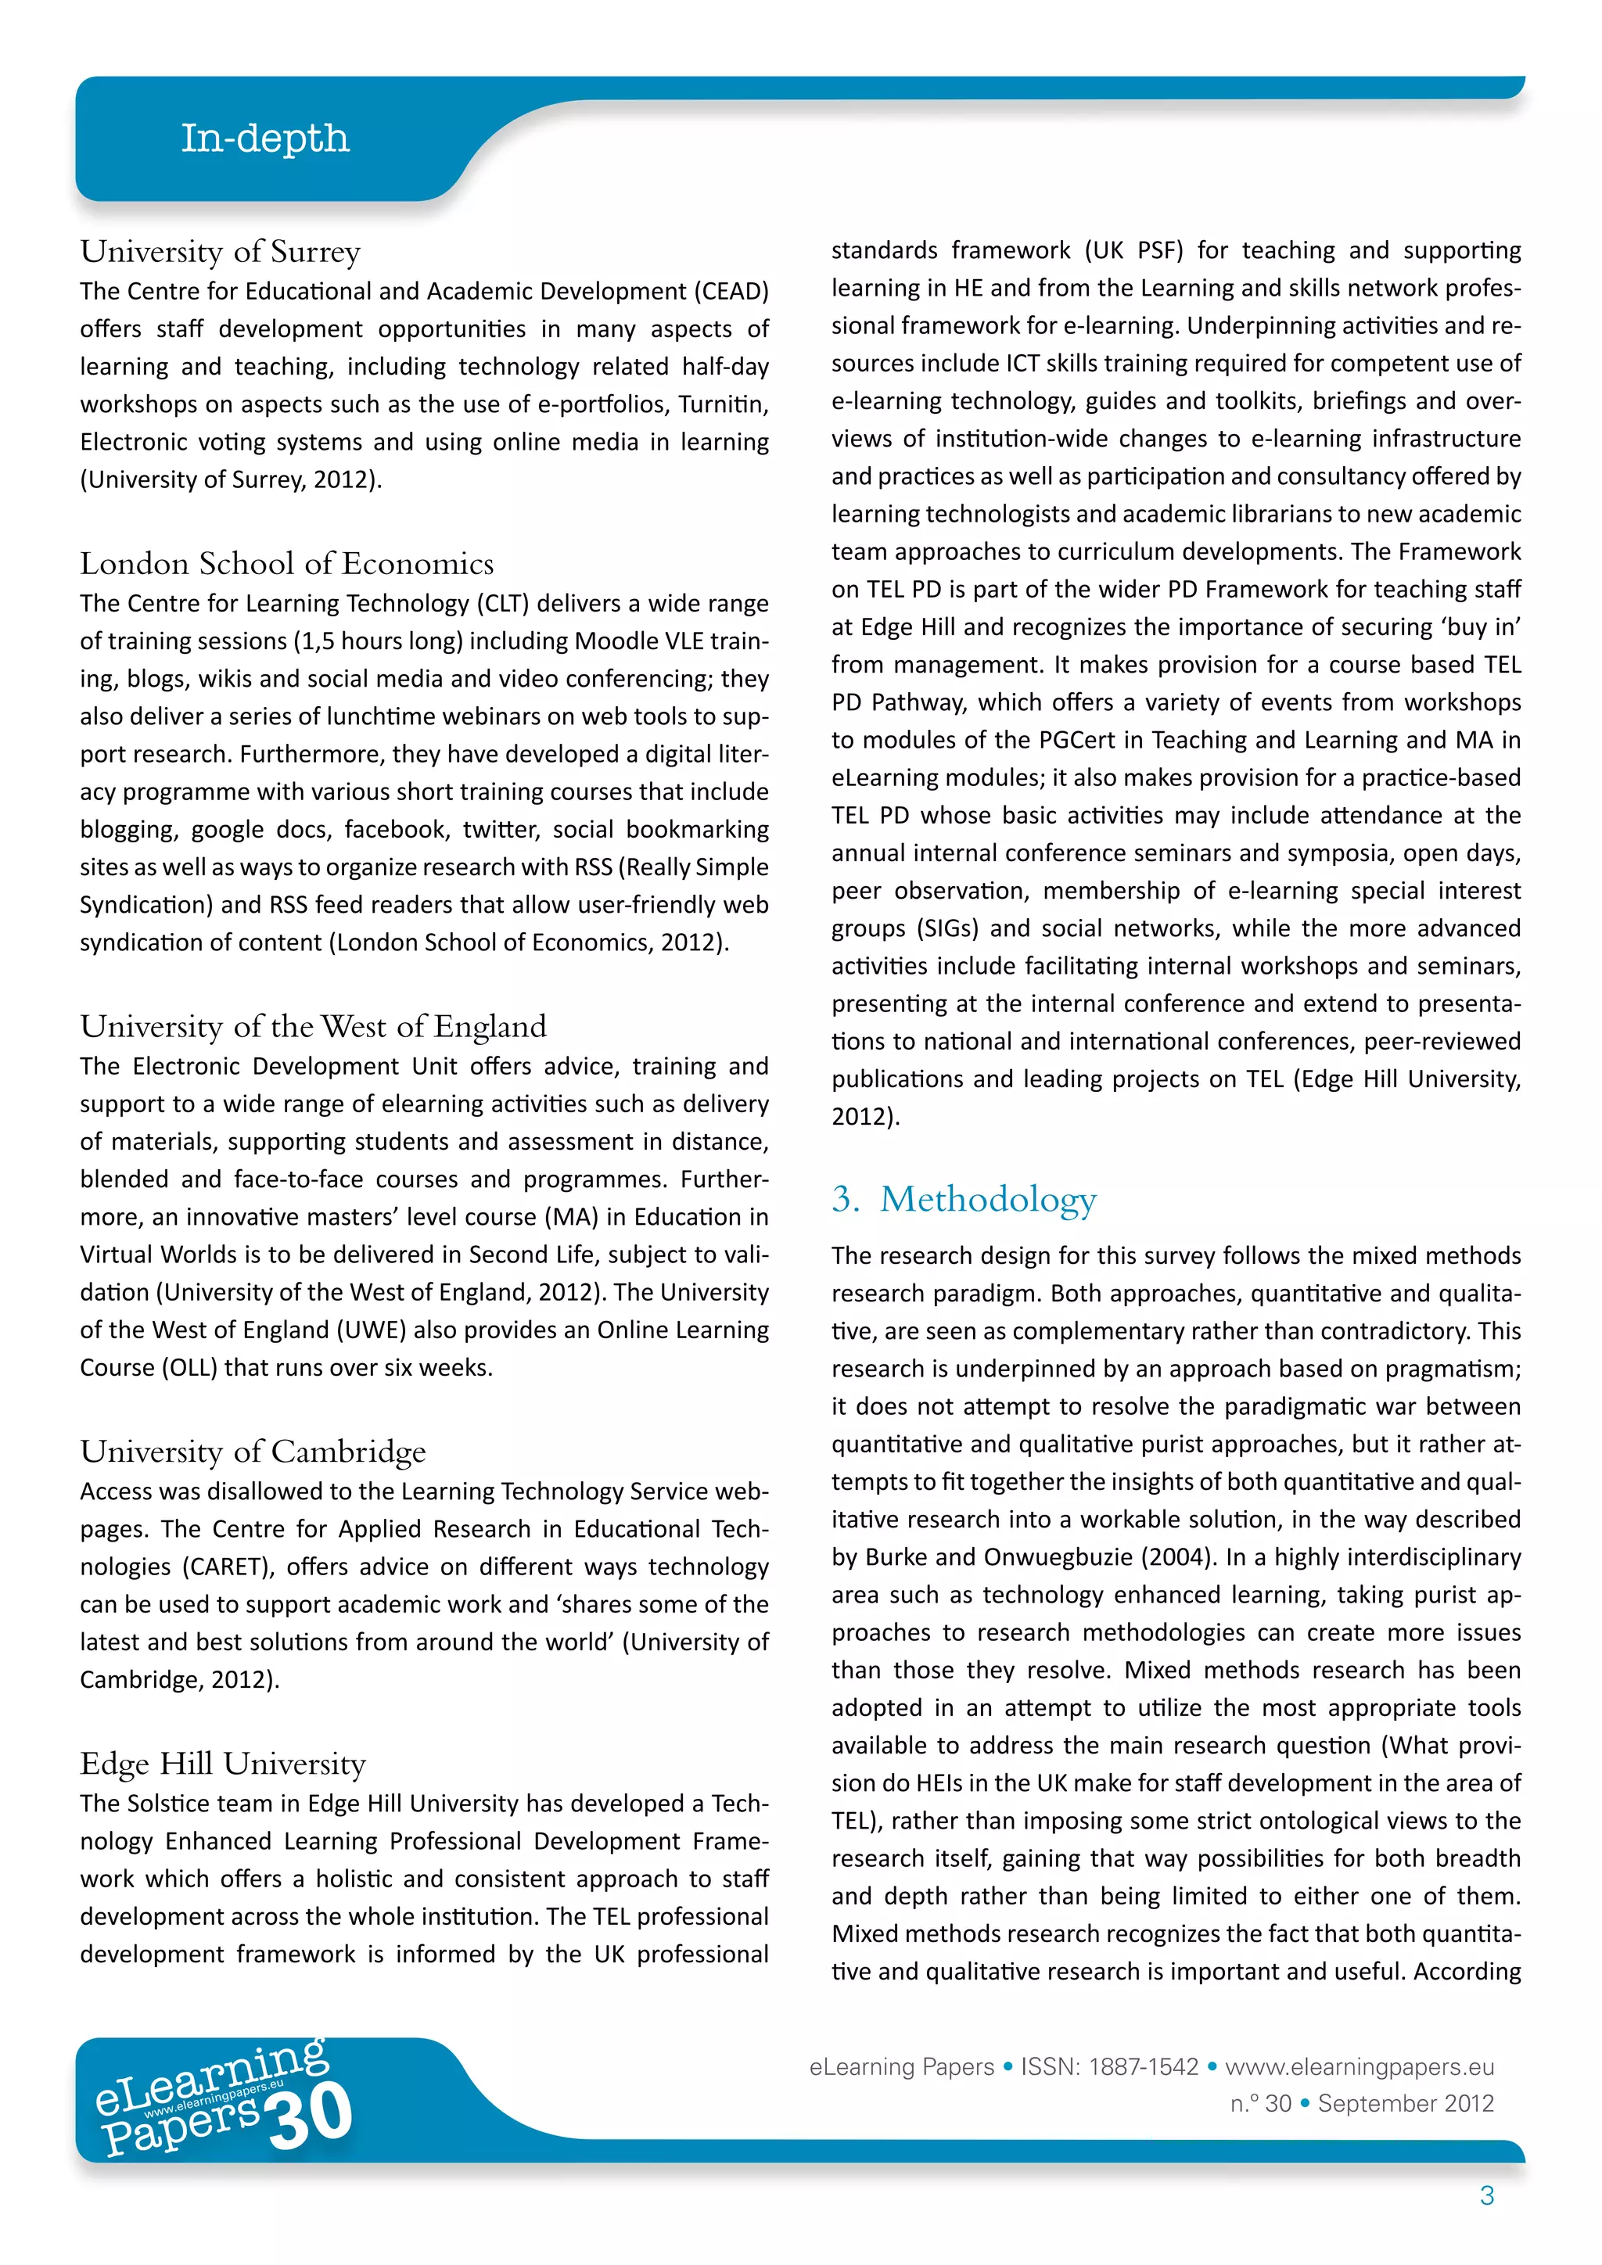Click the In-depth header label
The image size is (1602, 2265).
click(x=264, y=138)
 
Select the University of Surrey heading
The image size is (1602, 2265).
click(x=220, y=252)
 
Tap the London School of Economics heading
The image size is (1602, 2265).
click(x=286, y=563)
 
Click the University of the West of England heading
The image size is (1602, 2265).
click(x=313, y=1026)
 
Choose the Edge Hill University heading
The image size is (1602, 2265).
click(x=223, y=1763)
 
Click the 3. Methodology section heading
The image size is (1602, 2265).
click(x=964, y=1199)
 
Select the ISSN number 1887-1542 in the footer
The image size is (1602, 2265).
click(x=1144, y=2066)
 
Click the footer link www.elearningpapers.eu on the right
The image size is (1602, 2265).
click(x=1360, y=2066)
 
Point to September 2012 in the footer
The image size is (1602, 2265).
click(x=1406, y=2103)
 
